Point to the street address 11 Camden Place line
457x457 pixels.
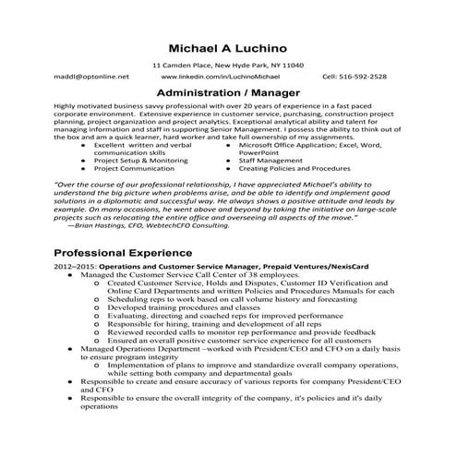click(227, 66)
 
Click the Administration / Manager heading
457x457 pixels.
click(227, 94)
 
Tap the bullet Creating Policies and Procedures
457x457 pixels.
click(294, 169)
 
